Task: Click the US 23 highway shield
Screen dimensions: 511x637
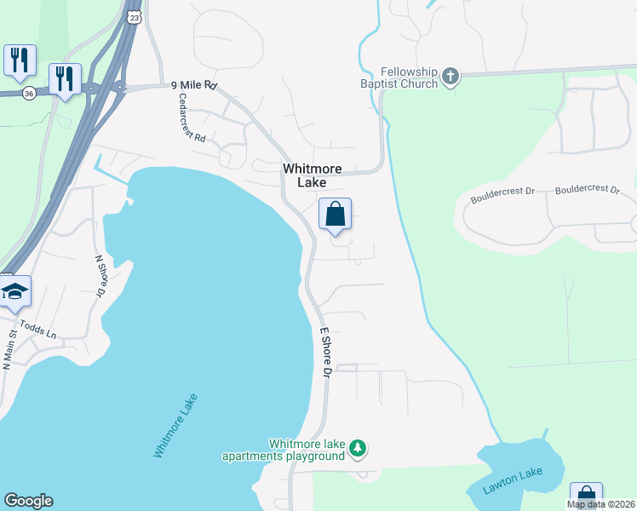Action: point(132,17)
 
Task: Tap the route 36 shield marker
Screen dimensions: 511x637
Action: point(30,94)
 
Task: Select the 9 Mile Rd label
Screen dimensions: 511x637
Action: point(195,85)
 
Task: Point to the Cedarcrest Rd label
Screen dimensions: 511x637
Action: point(192,118)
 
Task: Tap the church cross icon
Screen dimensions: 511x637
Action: point(450,78)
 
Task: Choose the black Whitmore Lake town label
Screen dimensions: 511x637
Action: point(313,175)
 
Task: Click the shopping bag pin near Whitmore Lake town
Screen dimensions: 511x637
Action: point(335,215)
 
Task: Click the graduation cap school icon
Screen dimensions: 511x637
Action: point(14,291)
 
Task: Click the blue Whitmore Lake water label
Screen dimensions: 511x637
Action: point(175,426)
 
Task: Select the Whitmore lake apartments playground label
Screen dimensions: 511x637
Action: point(284,450)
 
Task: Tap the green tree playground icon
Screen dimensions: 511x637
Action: point(359,448)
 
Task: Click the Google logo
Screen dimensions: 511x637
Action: point(28,501)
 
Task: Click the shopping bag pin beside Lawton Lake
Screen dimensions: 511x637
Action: point(586,497)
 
